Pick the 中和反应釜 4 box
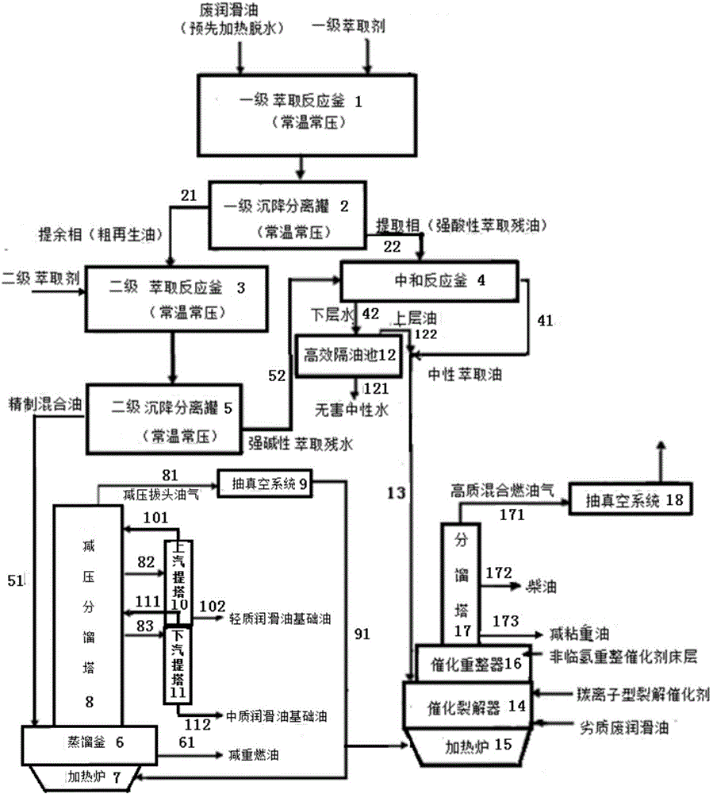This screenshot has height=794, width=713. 429,281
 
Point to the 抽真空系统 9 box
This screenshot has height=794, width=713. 269,482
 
